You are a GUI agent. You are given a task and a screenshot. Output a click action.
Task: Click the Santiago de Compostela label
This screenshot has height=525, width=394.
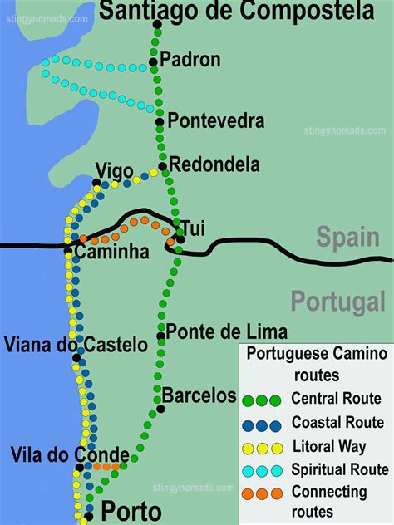pos(236,12)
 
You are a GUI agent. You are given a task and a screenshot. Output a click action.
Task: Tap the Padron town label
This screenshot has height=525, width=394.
pos(190,59)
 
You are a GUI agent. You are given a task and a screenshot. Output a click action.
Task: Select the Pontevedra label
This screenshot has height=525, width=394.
pos(216,121)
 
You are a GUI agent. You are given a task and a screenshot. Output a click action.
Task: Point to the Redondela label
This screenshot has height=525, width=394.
pos(214,164)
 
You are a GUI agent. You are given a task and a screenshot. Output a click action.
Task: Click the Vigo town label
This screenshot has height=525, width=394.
pos(114,171)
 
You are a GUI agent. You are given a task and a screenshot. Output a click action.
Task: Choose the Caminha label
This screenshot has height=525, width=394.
pos(111,251)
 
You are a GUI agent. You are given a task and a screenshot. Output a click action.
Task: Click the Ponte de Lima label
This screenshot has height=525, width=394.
pos(227,331)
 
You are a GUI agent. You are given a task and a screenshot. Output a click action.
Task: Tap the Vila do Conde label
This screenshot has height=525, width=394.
pos(70,454)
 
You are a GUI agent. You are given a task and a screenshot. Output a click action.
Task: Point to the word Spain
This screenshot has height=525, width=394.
pos(347,238)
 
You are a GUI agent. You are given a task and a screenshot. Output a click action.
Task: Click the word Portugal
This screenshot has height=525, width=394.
pos(337,300)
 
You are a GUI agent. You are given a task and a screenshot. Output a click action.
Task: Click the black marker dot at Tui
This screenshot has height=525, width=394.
pos(180,239)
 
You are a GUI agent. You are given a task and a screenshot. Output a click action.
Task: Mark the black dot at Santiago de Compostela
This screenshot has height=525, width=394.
pos(157,24)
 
